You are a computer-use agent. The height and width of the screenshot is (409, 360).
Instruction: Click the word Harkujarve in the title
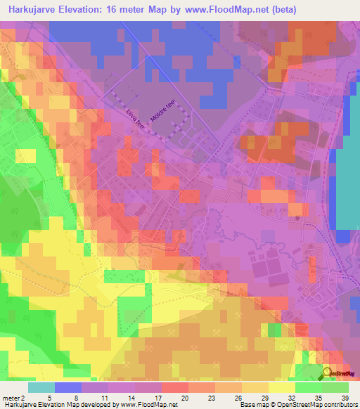tap(31, 10)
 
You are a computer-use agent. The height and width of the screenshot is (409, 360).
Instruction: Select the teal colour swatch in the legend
tap(41, 387)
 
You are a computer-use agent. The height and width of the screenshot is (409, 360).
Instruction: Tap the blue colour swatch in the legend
tap(68, 387)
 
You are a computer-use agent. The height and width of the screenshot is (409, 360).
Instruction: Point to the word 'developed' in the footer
tap(101, 404)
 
